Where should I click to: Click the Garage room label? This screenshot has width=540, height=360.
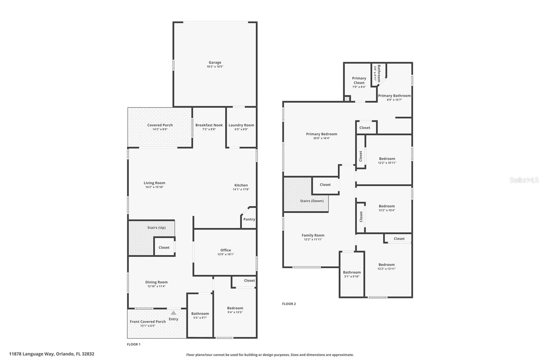tap(215, 62)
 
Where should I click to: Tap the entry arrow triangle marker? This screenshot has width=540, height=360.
tap(173, 313)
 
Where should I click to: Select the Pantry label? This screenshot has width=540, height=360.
tap(249, 219)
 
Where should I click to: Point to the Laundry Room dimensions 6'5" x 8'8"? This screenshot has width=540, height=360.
tap(241, 129)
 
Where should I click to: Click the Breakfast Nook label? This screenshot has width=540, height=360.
tap(209, 125)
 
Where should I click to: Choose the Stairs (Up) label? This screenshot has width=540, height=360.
tap(157, 228)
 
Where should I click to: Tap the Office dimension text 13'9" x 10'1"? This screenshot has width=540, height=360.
tap(226, 254)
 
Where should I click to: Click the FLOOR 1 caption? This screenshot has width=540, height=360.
tap(134, 344)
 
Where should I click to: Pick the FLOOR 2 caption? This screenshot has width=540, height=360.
tap(289, 304)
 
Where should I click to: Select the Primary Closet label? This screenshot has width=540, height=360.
tap(359, 80)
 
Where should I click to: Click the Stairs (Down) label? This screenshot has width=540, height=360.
tap(312, 201)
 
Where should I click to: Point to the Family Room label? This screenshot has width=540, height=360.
tap(313, 235)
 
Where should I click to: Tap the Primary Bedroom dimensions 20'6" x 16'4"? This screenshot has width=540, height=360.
tap(322, 138)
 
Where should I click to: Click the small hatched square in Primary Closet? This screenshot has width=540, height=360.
tap(347, 99)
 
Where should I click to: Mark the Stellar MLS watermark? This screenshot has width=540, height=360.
tap(524, 180)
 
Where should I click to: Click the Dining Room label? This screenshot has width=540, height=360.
tap(156, 282)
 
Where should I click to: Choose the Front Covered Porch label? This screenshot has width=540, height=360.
tap(147, 322)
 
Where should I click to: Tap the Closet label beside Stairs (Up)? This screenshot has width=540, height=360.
tap(164, 248)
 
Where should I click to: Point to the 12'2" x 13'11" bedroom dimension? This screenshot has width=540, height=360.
tap(386, 269)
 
